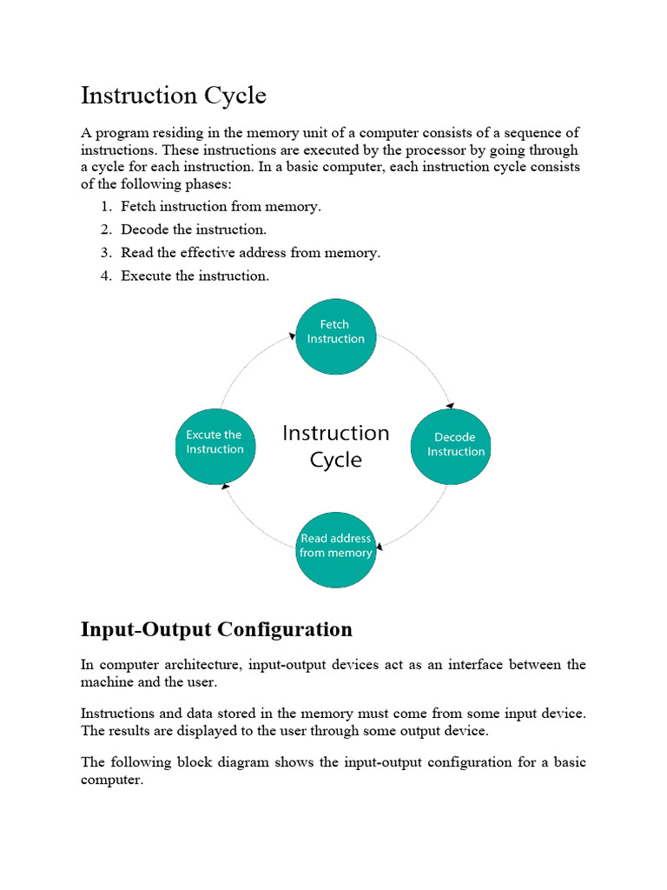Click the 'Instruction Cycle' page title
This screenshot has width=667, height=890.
click(174, 96)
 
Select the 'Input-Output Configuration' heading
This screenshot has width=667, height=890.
click(216, 629)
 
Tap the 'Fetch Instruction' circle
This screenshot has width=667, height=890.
click(336, 336)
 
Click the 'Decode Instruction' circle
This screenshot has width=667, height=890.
click(450, 446)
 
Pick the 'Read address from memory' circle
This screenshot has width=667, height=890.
click(336, 548)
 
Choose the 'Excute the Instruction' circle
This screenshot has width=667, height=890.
click(215, 444)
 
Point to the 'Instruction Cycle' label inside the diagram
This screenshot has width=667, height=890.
click(336, 446)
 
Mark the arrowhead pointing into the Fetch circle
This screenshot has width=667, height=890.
click(292, 335)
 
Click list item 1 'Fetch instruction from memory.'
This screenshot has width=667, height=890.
click(221, 207)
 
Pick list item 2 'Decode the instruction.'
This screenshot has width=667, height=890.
click(194, 230)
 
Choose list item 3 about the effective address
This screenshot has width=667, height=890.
click(250, 253)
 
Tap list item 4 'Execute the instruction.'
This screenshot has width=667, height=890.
click(195, 276)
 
